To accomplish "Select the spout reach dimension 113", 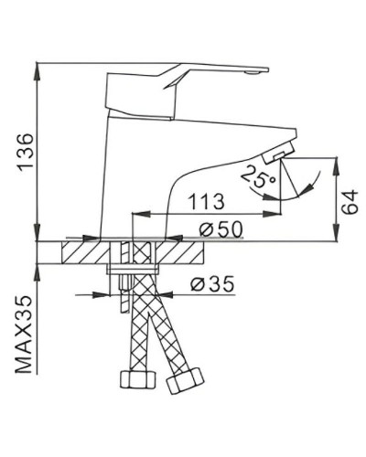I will point(207,201).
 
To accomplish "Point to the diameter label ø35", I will point(209,285).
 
